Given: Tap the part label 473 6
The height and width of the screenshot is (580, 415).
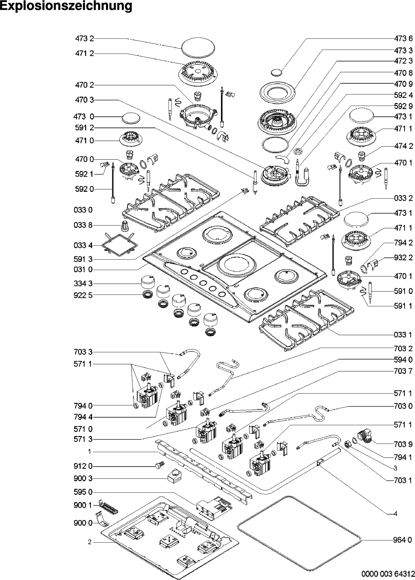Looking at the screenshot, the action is [x=403, y=38].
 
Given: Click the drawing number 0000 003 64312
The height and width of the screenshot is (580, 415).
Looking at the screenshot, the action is [x=388, y=574].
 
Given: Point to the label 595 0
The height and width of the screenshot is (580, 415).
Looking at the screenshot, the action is [x=83, y=492].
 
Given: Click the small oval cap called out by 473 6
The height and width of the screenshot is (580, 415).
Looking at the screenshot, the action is [x=276, y=73].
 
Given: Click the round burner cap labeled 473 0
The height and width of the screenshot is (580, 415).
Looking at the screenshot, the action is [x=130, y=118].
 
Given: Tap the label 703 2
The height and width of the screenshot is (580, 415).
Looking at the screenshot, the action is [x=403, y=348].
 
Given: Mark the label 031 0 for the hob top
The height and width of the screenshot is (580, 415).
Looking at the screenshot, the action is [x=83, y=270].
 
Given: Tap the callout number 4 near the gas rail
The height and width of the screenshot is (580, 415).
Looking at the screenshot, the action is [x=395, y=514].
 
